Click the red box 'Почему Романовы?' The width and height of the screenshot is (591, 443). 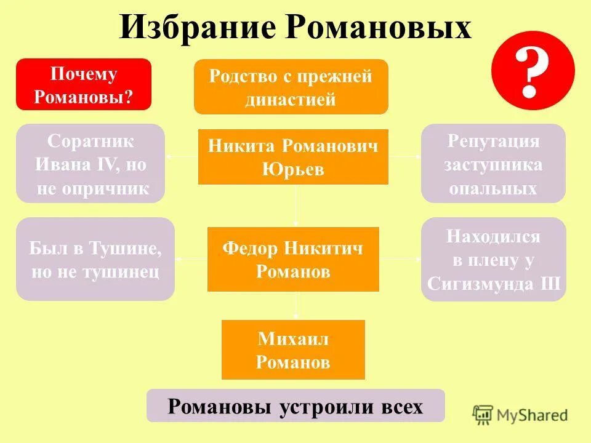83,84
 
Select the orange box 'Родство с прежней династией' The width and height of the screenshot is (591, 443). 291,87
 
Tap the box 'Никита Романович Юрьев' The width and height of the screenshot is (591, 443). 293,157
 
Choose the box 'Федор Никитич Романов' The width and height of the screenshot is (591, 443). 293,259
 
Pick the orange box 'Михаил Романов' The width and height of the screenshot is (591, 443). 293,349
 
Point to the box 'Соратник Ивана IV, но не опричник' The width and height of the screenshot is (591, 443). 90,164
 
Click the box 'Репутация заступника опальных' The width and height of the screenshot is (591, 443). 493,164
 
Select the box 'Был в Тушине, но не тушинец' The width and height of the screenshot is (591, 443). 95,259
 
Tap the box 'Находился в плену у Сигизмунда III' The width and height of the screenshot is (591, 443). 493,259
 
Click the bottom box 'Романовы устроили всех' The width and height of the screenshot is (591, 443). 295,406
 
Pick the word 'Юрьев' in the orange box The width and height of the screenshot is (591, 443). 293,169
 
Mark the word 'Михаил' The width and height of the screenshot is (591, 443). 293,338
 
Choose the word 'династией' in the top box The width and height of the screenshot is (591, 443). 291,99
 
